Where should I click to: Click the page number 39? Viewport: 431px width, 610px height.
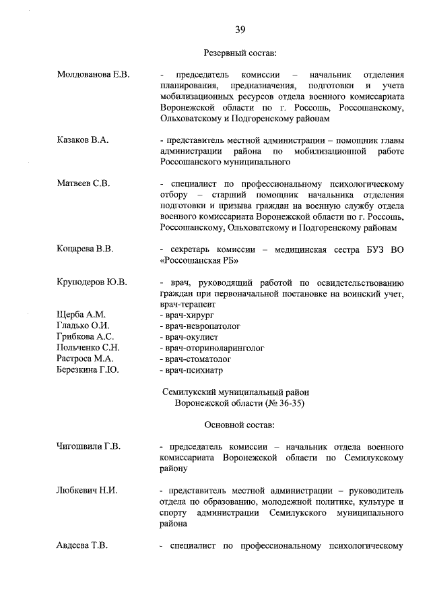click(240, 28)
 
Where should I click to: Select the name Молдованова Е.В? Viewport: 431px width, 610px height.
click(93, 73)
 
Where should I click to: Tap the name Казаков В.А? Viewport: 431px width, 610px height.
click(82, 140)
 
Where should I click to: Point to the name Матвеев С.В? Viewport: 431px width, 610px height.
click(83, 183)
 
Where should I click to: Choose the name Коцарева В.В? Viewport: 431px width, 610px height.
click(85, 249)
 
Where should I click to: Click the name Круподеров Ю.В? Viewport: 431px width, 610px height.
click(92, 281)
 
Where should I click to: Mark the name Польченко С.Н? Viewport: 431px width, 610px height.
click(88, 347)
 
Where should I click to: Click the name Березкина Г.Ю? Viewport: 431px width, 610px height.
click(88, 369)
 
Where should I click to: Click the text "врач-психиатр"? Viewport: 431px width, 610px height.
click(193, 369)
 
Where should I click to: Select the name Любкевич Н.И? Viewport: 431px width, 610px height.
click(87, 490)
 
